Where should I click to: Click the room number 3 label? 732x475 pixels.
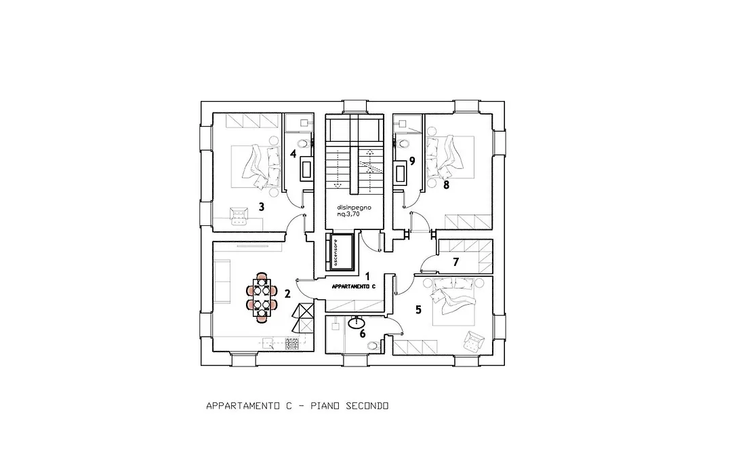coord(262,207)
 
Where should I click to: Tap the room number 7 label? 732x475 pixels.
coord(456,263)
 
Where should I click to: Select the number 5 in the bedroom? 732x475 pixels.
coord(418,309)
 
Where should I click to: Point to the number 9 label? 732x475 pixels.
coord(412,161)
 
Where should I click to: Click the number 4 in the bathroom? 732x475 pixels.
coord(293,153)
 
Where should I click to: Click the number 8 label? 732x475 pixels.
coord(446,185)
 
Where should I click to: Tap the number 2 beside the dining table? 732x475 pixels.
coord(287,294)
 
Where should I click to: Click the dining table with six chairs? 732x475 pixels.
coord(262,298)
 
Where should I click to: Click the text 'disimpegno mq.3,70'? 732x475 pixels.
coord(354,210)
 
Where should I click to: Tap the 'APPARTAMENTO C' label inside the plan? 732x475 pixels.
coord(354,286)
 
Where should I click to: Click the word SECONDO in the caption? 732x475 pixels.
coord(367,406)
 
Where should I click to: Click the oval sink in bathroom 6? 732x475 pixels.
coord(358,321)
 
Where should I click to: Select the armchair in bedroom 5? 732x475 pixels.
coord(474,341)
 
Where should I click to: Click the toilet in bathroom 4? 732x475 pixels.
coord(304,143)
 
